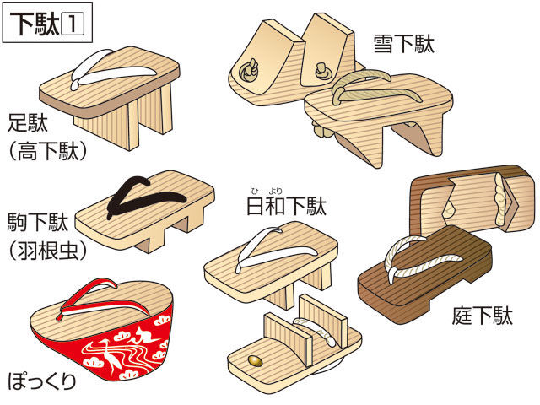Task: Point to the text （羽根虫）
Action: pos(48,251)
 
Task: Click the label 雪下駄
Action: pos(404,44)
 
